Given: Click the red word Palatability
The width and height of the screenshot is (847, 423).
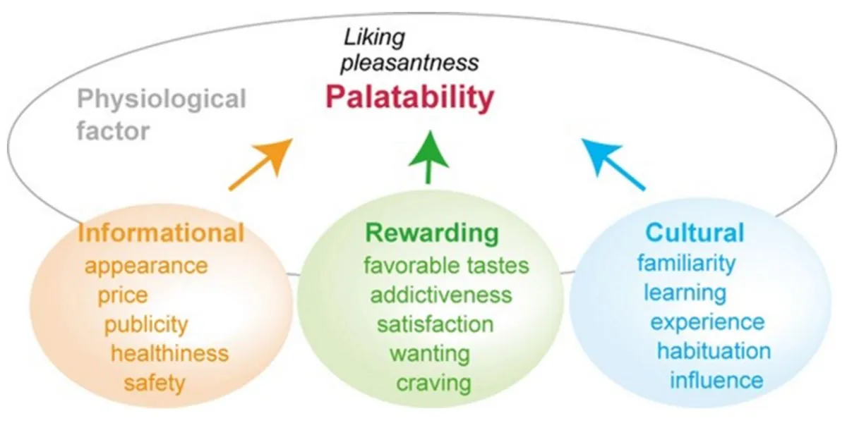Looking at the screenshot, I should click(x=409, y=98).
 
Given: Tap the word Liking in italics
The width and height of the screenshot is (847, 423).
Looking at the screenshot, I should click(x=375, y=37).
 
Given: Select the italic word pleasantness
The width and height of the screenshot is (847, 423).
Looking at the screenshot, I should click(x=409, y=63).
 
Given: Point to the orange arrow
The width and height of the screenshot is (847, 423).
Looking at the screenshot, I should click(x=260, y=164).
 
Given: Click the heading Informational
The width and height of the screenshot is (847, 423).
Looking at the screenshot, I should click(x=161, y=233).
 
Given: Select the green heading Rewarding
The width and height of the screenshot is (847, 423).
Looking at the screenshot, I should click(x=431, y=233).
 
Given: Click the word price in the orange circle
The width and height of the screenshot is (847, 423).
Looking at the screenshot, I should click(x=123, y=295).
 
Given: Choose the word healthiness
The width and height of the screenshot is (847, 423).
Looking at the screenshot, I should click(x=169, y=352).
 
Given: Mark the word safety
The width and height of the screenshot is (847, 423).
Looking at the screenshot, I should click(x=155, y=383).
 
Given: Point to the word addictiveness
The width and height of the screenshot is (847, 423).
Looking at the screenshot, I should click(x=441, y=294).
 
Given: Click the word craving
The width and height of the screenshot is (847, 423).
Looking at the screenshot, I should click(x=433, y=383).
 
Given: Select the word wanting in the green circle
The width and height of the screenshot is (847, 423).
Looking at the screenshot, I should click(x=430, y=352).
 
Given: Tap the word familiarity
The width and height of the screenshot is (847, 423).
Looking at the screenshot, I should click(x=686, y=263).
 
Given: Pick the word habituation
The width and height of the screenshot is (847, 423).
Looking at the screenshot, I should click(x=714, y=350).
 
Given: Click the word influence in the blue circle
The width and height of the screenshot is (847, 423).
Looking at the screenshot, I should click(x=716, y=380).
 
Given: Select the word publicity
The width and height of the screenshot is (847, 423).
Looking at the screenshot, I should click(x=146, y=325).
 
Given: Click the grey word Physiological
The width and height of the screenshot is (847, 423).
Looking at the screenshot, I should click(x=162, y=99).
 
